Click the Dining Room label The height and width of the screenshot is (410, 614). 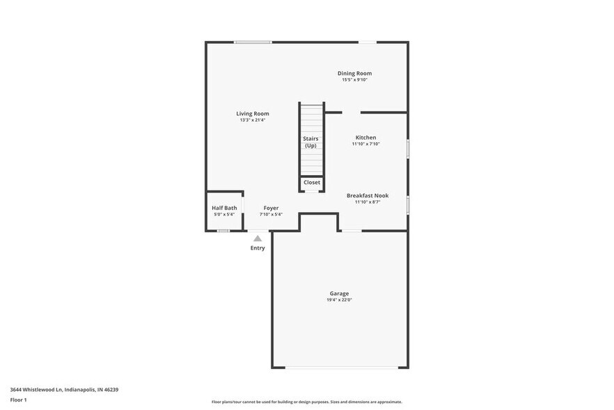(354, 73)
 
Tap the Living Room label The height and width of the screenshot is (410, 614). (252, 114)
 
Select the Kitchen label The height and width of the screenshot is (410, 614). (365, 137)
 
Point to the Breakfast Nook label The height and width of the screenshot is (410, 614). (367, 196)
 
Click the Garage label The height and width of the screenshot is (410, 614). (339, 294)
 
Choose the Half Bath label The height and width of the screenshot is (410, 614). (224, 208)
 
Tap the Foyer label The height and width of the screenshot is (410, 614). (271, 208)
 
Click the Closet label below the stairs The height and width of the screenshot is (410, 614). (312, 183)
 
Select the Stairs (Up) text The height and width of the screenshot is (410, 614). (310, 142)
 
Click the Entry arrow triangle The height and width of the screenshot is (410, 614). (258, 238)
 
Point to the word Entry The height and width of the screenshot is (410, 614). (258, 248)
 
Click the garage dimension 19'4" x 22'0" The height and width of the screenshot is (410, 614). (339, 300)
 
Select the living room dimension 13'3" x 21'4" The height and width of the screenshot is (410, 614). (252, 120)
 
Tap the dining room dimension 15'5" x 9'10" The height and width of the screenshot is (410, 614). (354, 80)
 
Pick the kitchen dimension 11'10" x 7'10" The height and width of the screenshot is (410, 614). (365, 144)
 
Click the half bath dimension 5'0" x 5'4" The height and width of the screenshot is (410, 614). (224, 215)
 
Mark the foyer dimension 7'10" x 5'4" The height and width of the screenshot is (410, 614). (271, 215)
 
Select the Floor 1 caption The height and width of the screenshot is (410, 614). (19, 400)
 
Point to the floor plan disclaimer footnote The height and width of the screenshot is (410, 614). (306, 402)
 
